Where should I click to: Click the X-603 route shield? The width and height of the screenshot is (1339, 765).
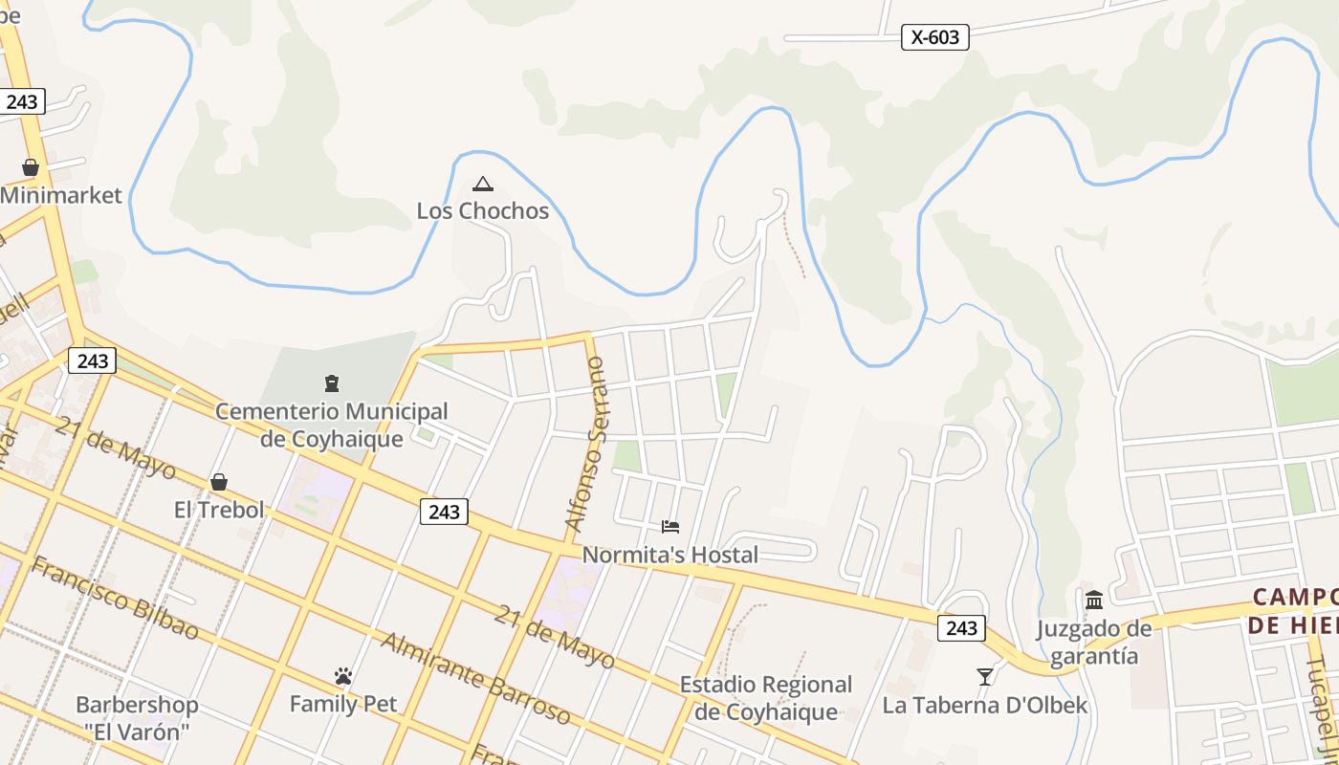(x=934, y=37)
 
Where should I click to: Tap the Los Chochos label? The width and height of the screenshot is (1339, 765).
(x=483, y=210)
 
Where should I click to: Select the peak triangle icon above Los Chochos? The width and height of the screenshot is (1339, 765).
(x=483, y=184)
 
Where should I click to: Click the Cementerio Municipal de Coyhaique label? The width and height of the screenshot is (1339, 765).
(x=332, y=425)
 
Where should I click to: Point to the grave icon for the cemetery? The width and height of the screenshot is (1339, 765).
(x=332, y=384)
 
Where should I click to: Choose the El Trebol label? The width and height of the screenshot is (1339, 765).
(x=219, y=510)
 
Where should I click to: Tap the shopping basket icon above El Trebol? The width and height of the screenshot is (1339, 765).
(x=219, y=481)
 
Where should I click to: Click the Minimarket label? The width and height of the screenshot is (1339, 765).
(x=61, y=195)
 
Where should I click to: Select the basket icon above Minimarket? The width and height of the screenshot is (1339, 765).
(x=31, y=167)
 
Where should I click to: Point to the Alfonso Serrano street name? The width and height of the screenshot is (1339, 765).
(x=586, y=445)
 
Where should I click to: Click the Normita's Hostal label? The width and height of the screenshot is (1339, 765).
(x=669, y=555)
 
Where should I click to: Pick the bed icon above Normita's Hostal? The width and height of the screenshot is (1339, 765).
(x=669, y=527)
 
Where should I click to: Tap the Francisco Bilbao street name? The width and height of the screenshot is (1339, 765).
(x=115, y=598)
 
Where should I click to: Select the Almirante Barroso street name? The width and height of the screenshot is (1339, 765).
(x=475, y=678)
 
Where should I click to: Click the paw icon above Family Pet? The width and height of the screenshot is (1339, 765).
(x=343, y=676)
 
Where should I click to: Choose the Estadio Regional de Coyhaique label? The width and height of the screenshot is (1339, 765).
(x=765, y=698)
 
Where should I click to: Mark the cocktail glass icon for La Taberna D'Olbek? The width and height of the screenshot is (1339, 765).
(x=985, y=677)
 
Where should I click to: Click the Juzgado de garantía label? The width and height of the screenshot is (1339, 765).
(x=1094, y=643)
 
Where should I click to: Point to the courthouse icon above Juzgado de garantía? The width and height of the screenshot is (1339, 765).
(x=1094, y=600)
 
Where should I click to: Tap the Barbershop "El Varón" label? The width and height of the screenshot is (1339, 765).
(x=137, y=719)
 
